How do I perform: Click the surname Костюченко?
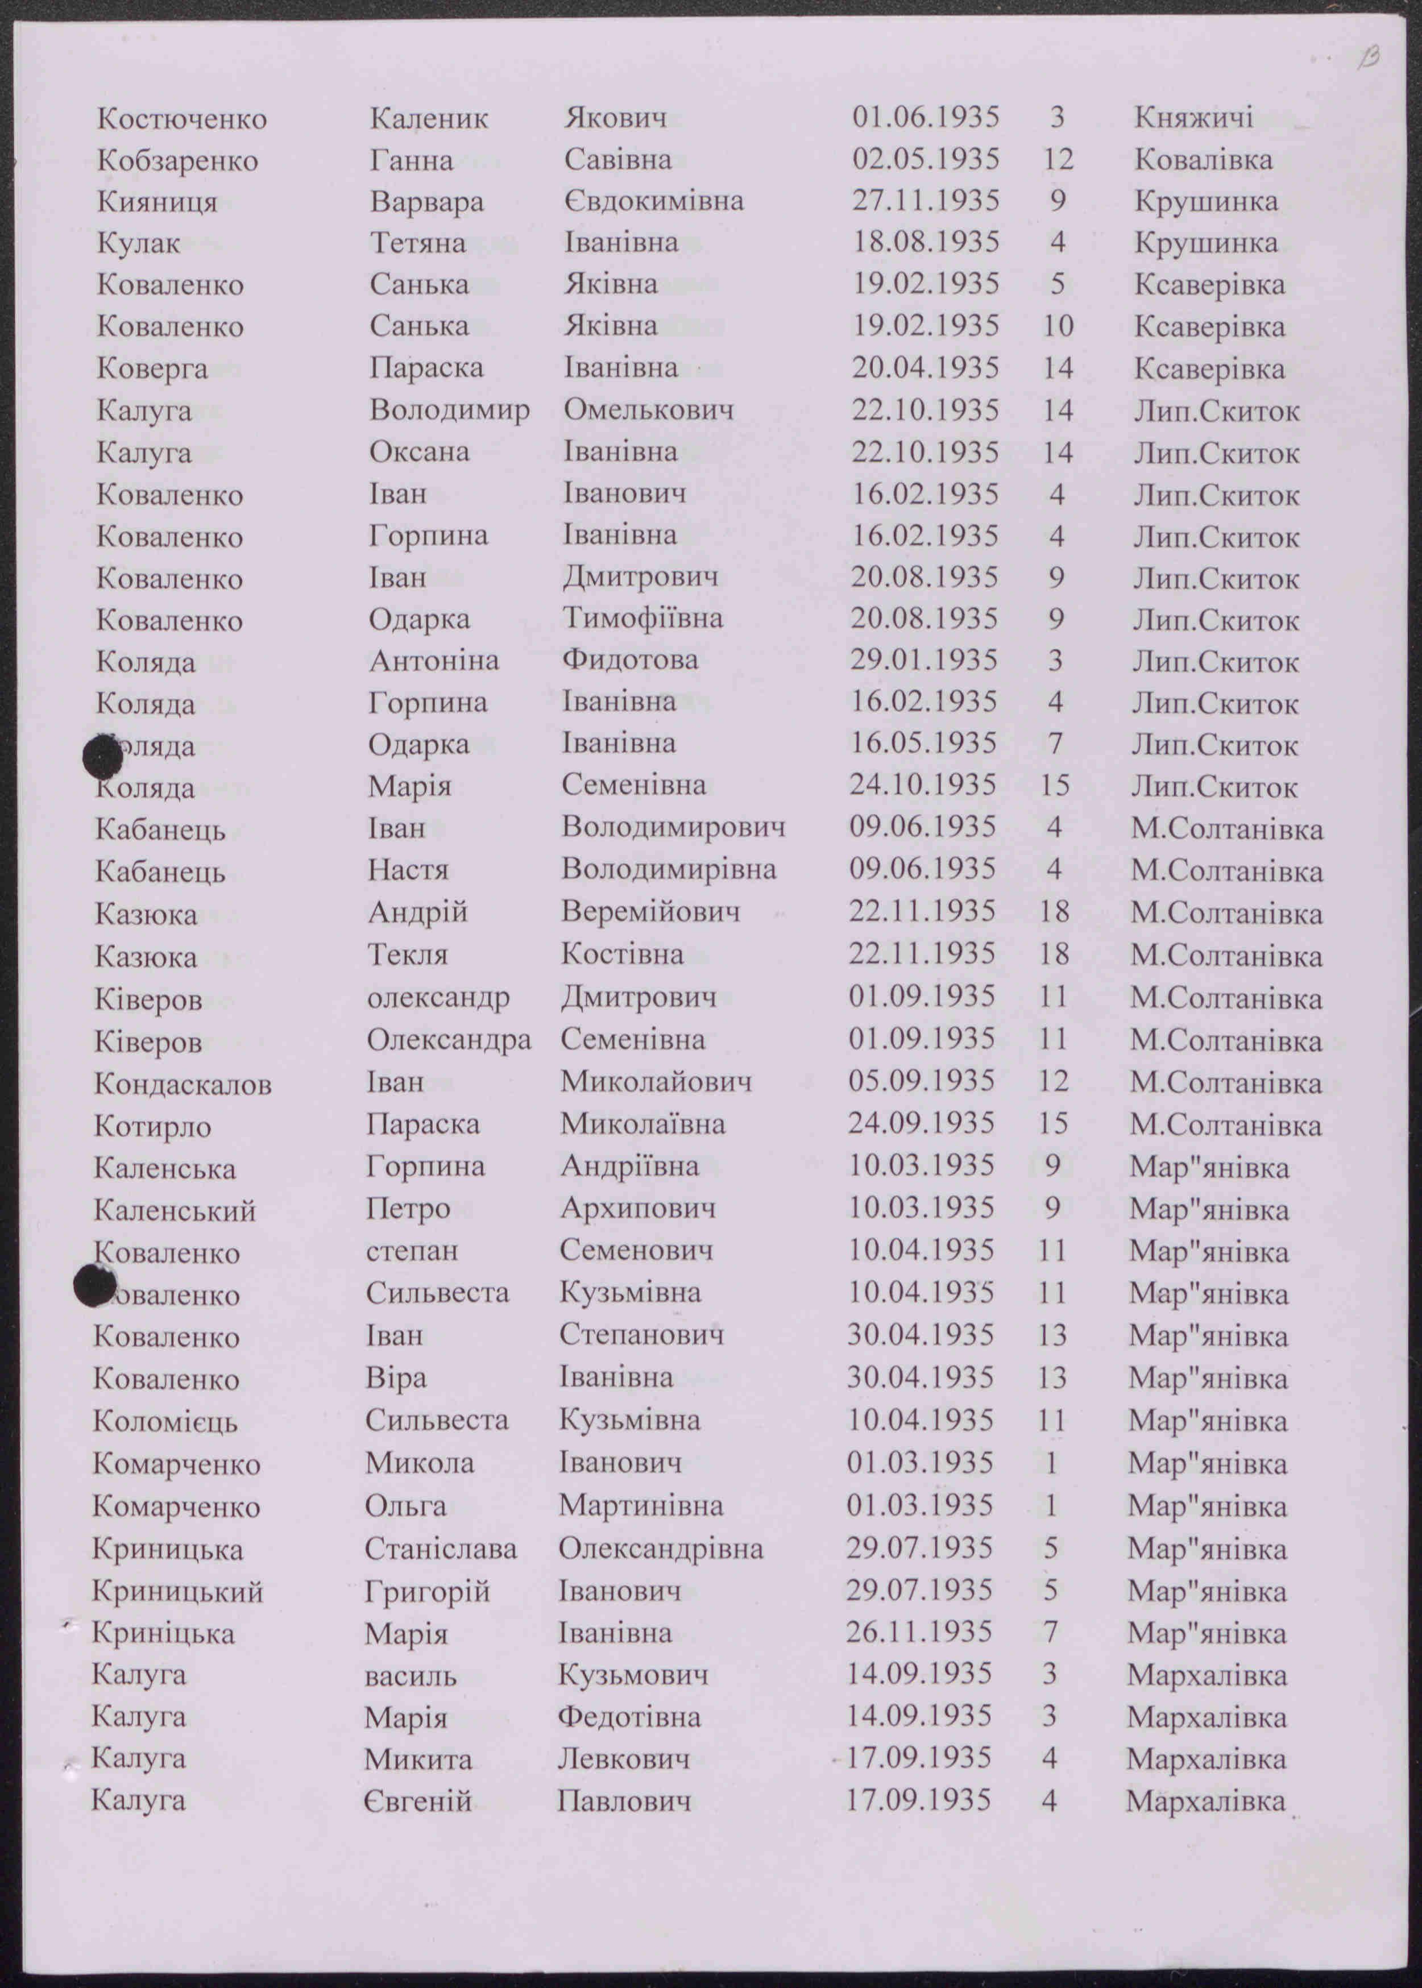[181, 119]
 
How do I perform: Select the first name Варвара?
[426, 202]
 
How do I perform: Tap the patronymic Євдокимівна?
[653, 201]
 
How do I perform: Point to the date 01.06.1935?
[926, 117]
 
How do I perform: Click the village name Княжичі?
[1193, 117]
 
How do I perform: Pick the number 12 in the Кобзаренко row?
[1058, 159]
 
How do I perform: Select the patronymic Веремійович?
[650, 912]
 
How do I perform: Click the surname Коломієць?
[165, 1421]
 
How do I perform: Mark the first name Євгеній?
[418, 1800]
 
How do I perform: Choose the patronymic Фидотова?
[629, 659]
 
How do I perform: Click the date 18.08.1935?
[926, 243]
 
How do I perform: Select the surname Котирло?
[152, 1127]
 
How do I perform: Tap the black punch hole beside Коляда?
[102, 758]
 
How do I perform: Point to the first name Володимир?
[449, 410]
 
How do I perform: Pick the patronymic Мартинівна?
[641, 1506]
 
